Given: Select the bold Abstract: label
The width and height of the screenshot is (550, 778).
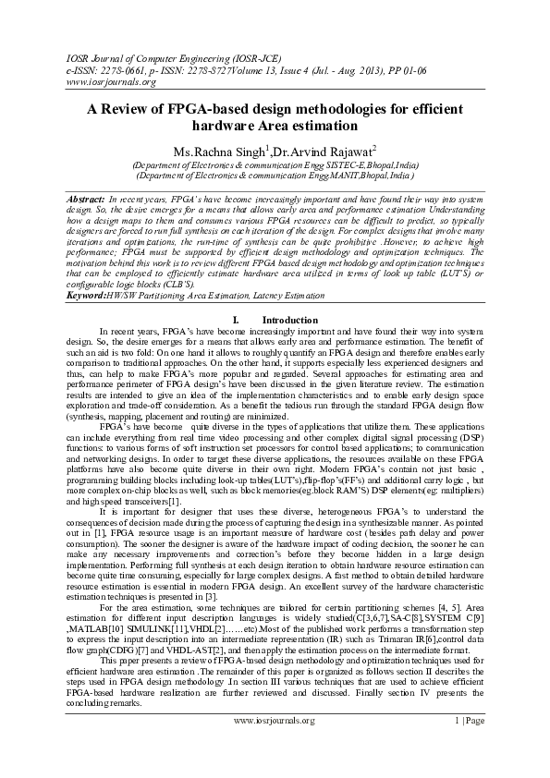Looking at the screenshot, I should coord(86,199).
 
